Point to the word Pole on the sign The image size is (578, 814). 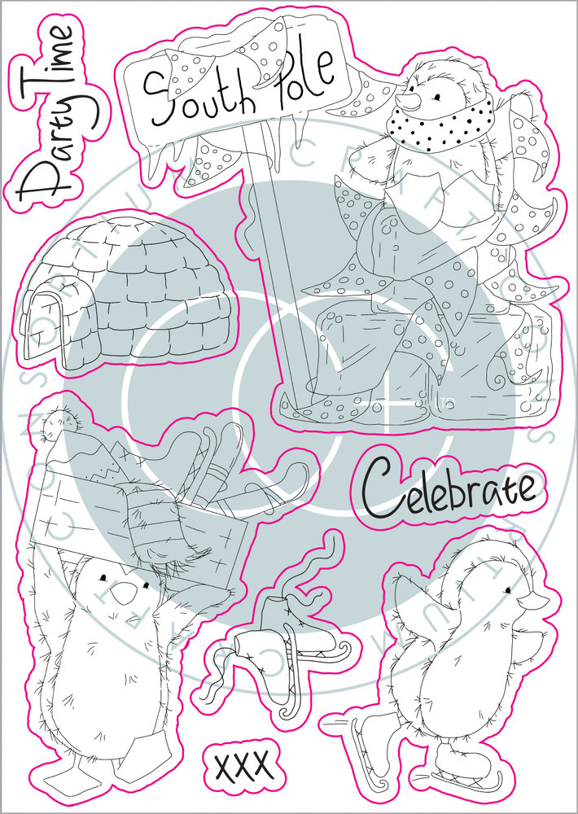[x=304, y=74]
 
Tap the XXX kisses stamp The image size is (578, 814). [x=240, y=764]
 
